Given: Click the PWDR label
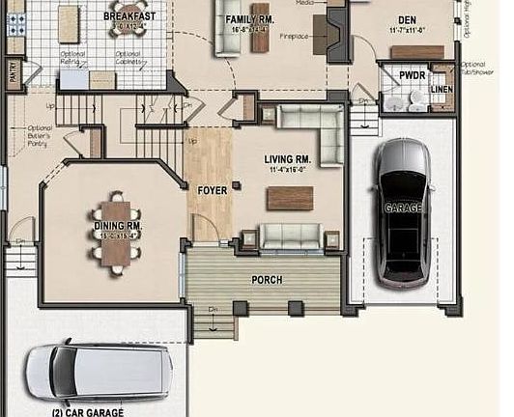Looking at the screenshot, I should click(413, 74).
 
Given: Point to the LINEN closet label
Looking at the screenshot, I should click(443, 90).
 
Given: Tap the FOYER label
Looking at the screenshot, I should click(212, 191).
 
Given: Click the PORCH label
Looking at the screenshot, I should click(267, 280).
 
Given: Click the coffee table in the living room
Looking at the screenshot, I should click(290, 197).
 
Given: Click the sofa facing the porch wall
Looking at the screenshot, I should click(291, 236).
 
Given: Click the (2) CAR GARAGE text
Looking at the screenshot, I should click(88, 411).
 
